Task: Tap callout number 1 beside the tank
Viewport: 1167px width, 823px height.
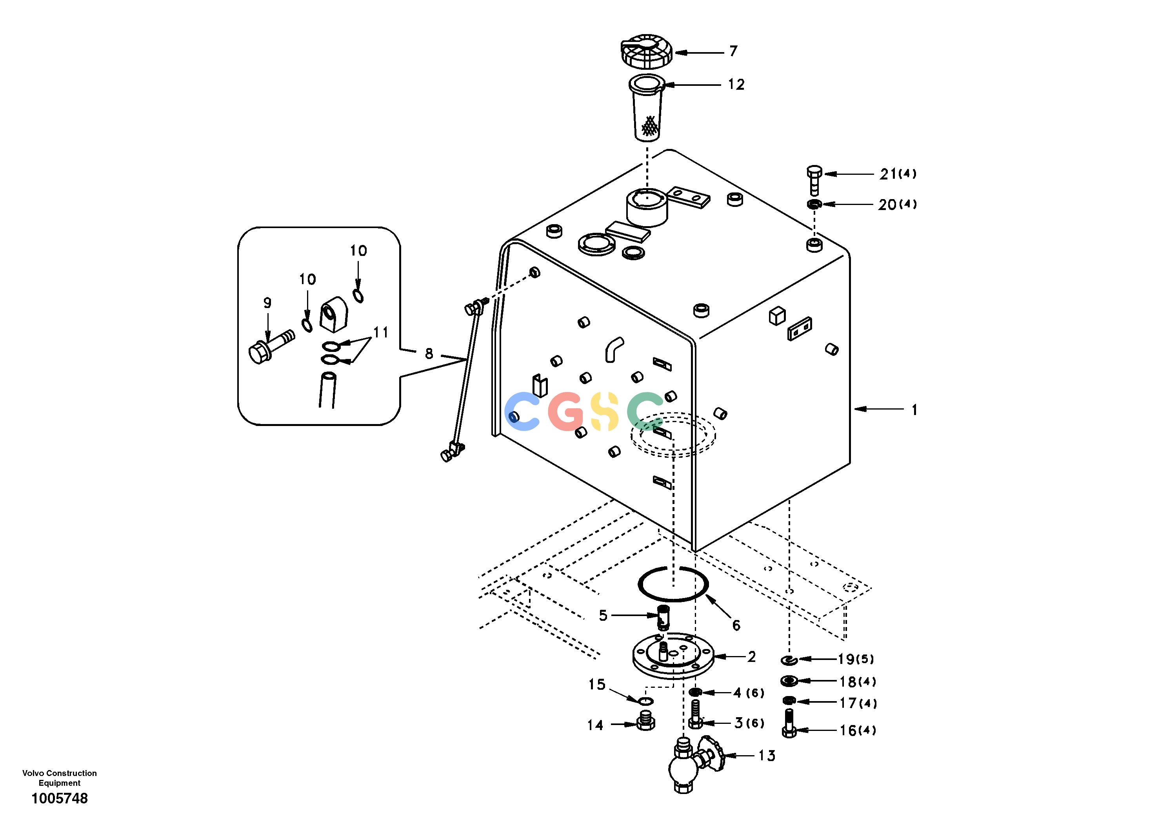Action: coord(914,410)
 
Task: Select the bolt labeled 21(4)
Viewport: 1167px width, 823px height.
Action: coord(814,180)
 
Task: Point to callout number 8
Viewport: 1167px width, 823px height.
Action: coord(429,353)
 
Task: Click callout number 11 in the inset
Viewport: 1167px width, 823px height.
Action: coord(381,332)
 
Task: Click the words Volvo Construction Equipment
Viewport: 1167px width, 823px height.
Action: coord(60,778)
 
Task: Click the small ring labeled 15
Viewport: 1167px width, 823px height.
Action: coord(646,702)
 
